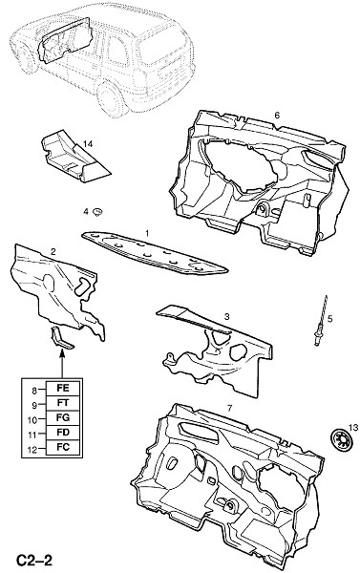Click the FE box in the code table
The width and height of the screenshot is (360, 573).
coord(63,388)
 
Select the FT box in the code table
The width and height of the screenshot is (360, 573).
coord(63,403)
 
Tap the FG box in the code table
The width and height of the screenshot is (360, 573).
coord(63,417)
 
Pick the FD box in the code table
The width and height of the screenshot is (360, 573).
coord(63,433)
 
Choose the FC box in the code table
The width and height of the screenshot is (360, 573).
coord(63,447)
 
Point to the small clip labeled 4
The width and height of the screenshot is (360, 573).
coord(97,212)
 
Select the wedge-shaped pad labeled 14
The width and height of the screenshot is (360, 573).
coord(74,158)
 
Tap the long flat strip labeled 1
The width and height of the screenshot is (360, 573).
coord(155,253)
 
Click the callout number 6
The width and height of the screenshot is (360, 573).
coord(277,116)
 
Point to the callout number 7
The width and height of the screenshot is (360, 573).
coord(229,409)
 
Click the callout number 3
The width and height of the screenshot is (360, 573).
coord(226,317)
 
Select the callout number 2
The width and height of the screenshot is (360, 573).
coord(53,251)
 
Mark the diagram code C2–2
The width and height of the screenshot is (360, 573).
coord(34,561)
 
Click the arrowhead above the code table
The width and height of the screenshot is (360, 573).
coord(62,352)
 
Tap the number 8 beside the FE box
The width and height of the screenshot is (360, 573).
coord(34,391)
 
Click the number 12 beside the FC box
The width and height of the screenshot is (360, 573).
coord(32,450)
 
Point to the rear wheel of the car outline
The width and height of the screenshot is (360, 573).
coord(109,99)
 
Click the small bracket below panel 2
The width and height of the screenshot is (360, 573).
coord(60,338)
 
